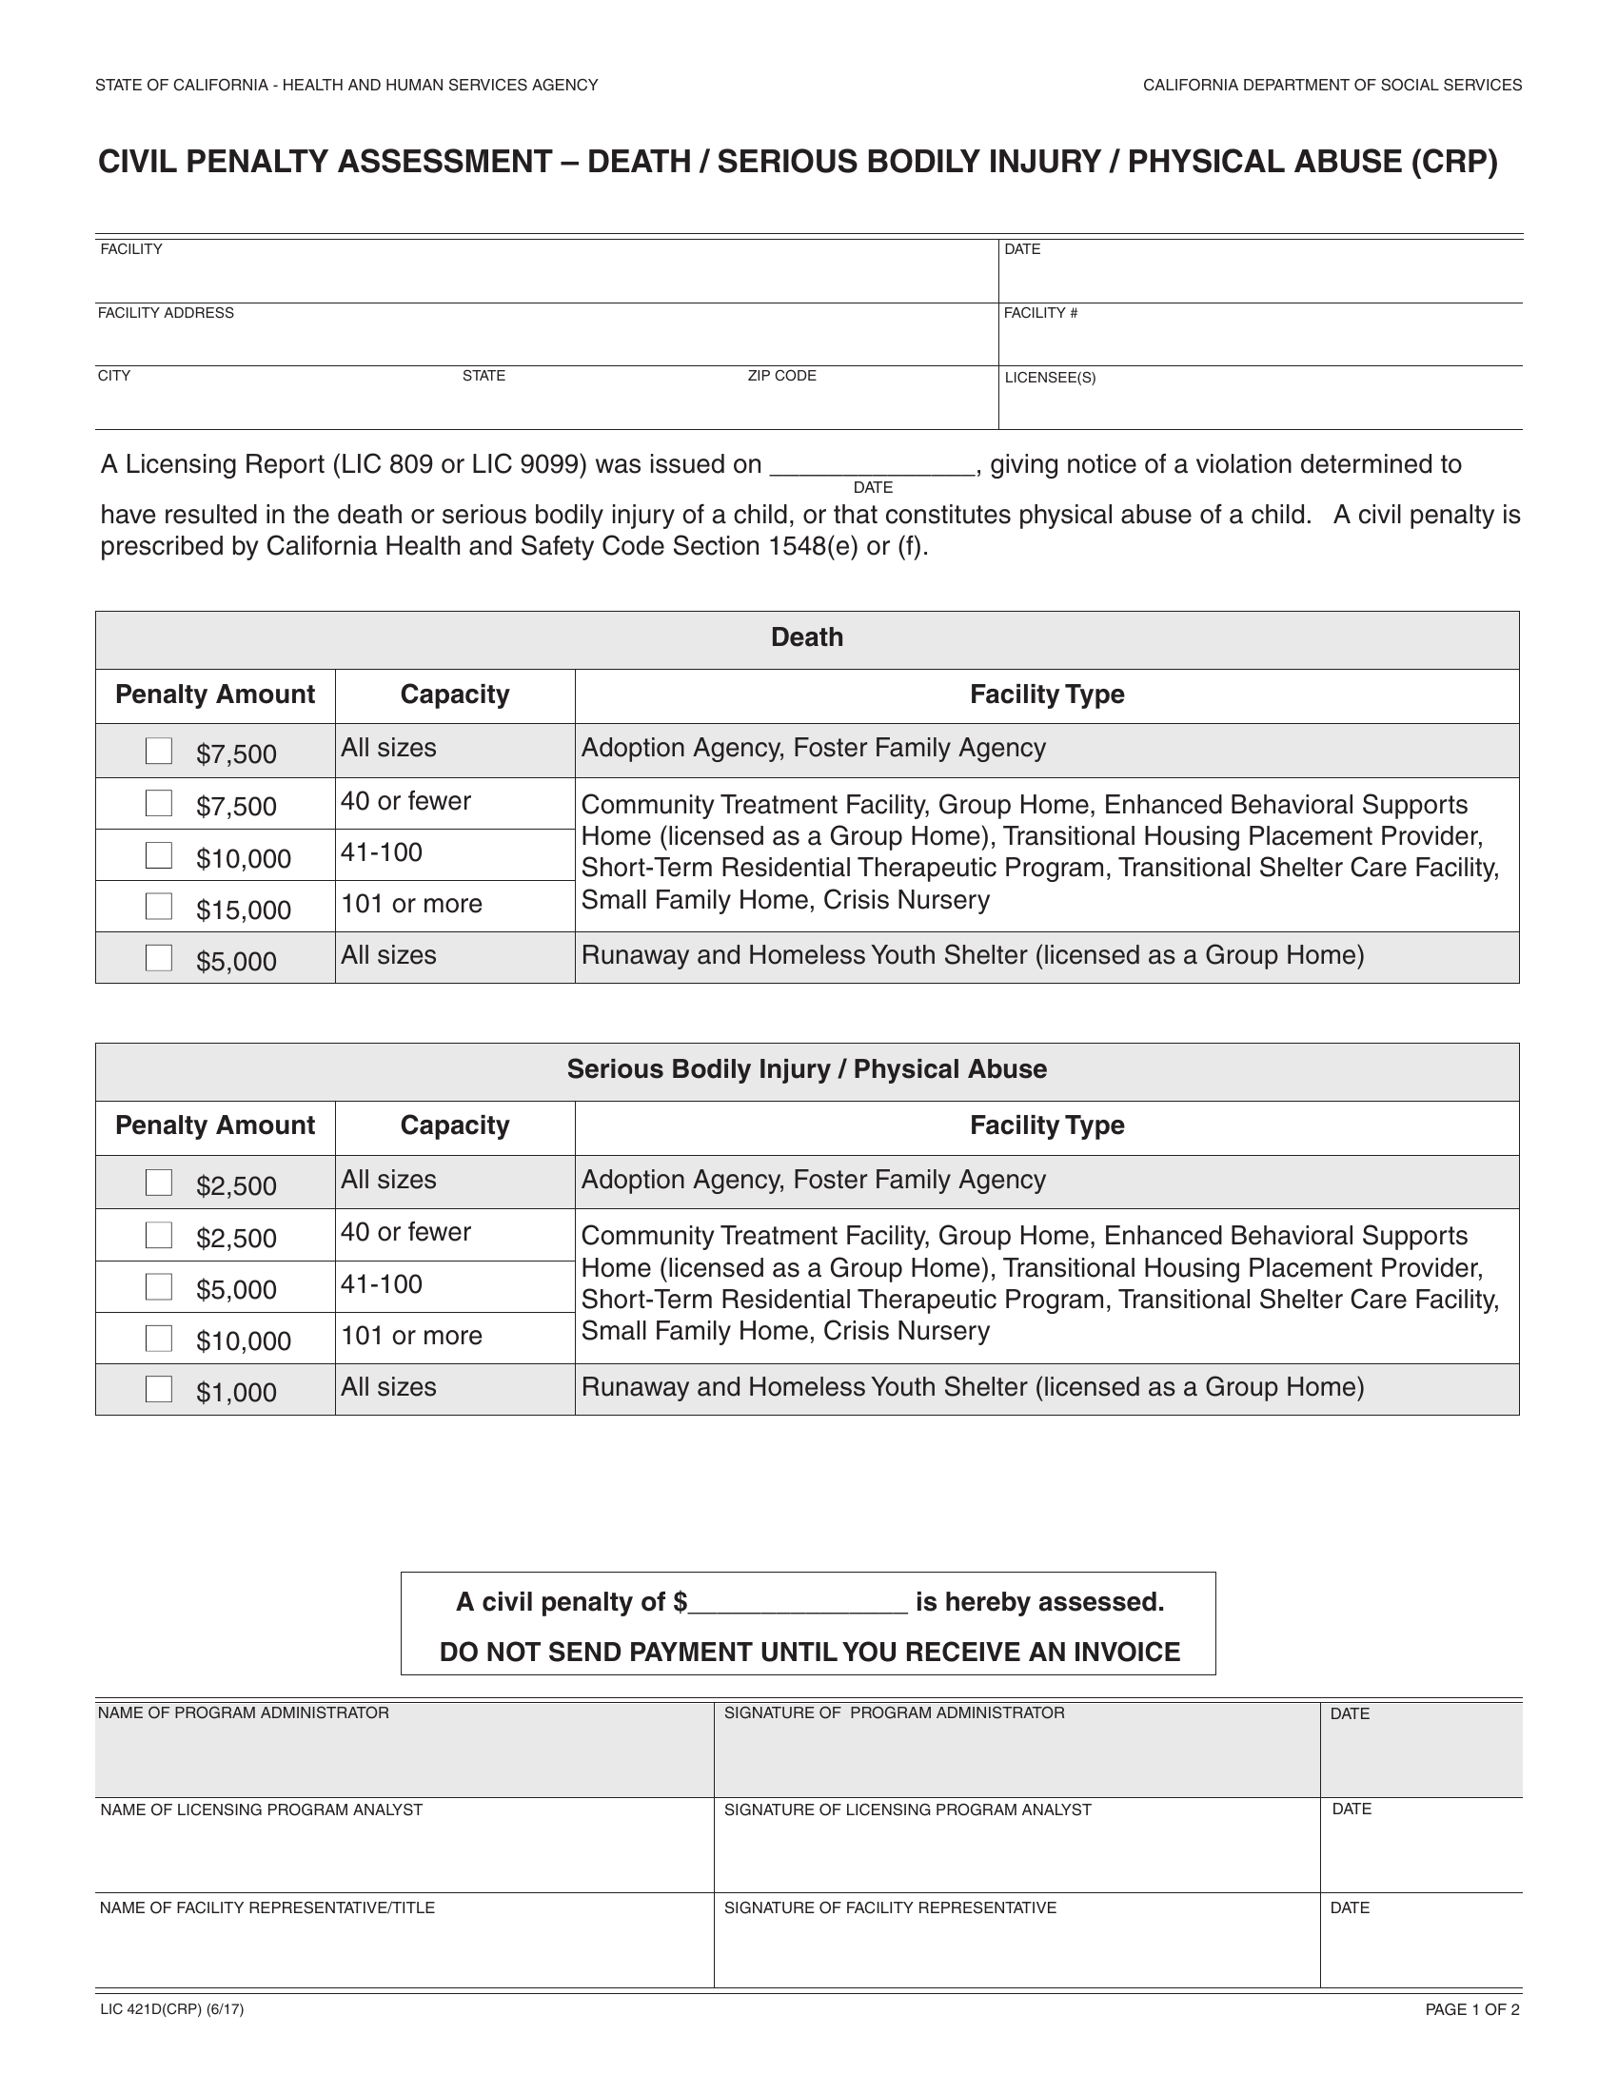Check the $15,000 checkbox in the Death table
[159, 906]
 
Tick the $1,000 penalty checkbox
[159, 1389]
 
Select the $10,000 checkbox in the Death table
[159, 855]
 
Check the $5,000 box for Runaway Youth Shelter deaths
[159, 957]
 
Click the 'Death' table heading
[807, 637]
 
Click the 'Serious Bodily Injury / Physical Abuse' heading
[807, 1069]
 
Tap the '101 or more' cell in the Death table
[412, 904]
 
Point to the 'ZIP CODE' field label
[782, 376]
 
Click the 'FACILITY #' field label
[1041, 313]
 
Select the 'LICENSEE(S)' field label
[1051, 378]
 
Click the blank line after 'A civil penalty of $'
[799, 1604]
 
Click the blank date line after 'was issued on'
[873, 466]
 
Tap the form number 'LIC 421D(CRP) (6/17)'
[172, 2009]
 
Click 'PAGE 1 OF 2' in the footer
[1472, 2009]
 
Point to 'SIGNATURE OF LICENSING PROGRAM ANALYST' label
[908, 1809]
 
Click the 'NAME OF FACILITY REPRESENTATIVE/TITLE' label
[267, 1907]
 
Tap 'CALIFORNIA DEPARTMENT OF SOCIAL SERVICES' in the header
[1332, 86]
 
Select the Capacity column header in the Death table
[454, 694]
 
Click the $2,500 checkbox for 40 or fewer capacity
[159, 1235]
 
